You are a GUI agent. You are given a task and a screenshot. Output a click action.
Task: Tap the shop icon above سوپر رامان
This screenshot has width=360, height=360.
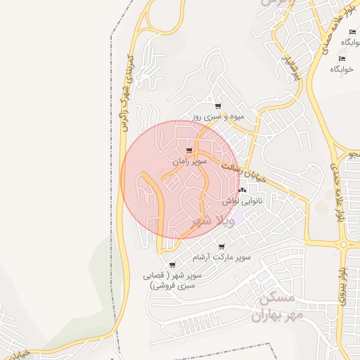pos(189,150)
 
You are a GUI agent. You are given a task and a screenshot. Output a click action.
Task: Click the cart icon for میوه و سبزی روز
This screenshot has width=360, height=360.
pos(218,106)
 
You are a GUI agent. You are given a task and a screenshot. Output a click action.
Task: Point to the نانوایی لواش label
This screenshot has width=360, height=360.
pos(243,201)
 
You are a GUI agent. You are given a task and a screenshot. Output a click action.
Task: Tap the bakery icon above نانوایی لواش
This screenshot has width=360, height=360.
pos(243,191)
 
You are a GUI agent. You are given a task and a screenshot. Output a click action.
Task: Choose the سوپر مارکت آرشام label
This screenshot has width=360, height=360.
pos(222,259)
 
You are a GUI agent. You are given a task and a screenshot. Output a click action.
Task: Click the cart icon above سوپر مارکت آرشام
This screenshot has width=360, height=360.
pos(222,247)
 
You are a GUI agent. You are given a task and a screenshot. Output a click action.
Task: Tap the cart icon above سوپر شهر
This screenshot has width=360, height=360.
pos(172,265)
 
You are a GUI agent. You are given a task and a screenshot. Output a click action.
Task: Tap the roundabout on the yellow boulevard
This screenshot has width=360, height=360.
pos(345,244)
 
